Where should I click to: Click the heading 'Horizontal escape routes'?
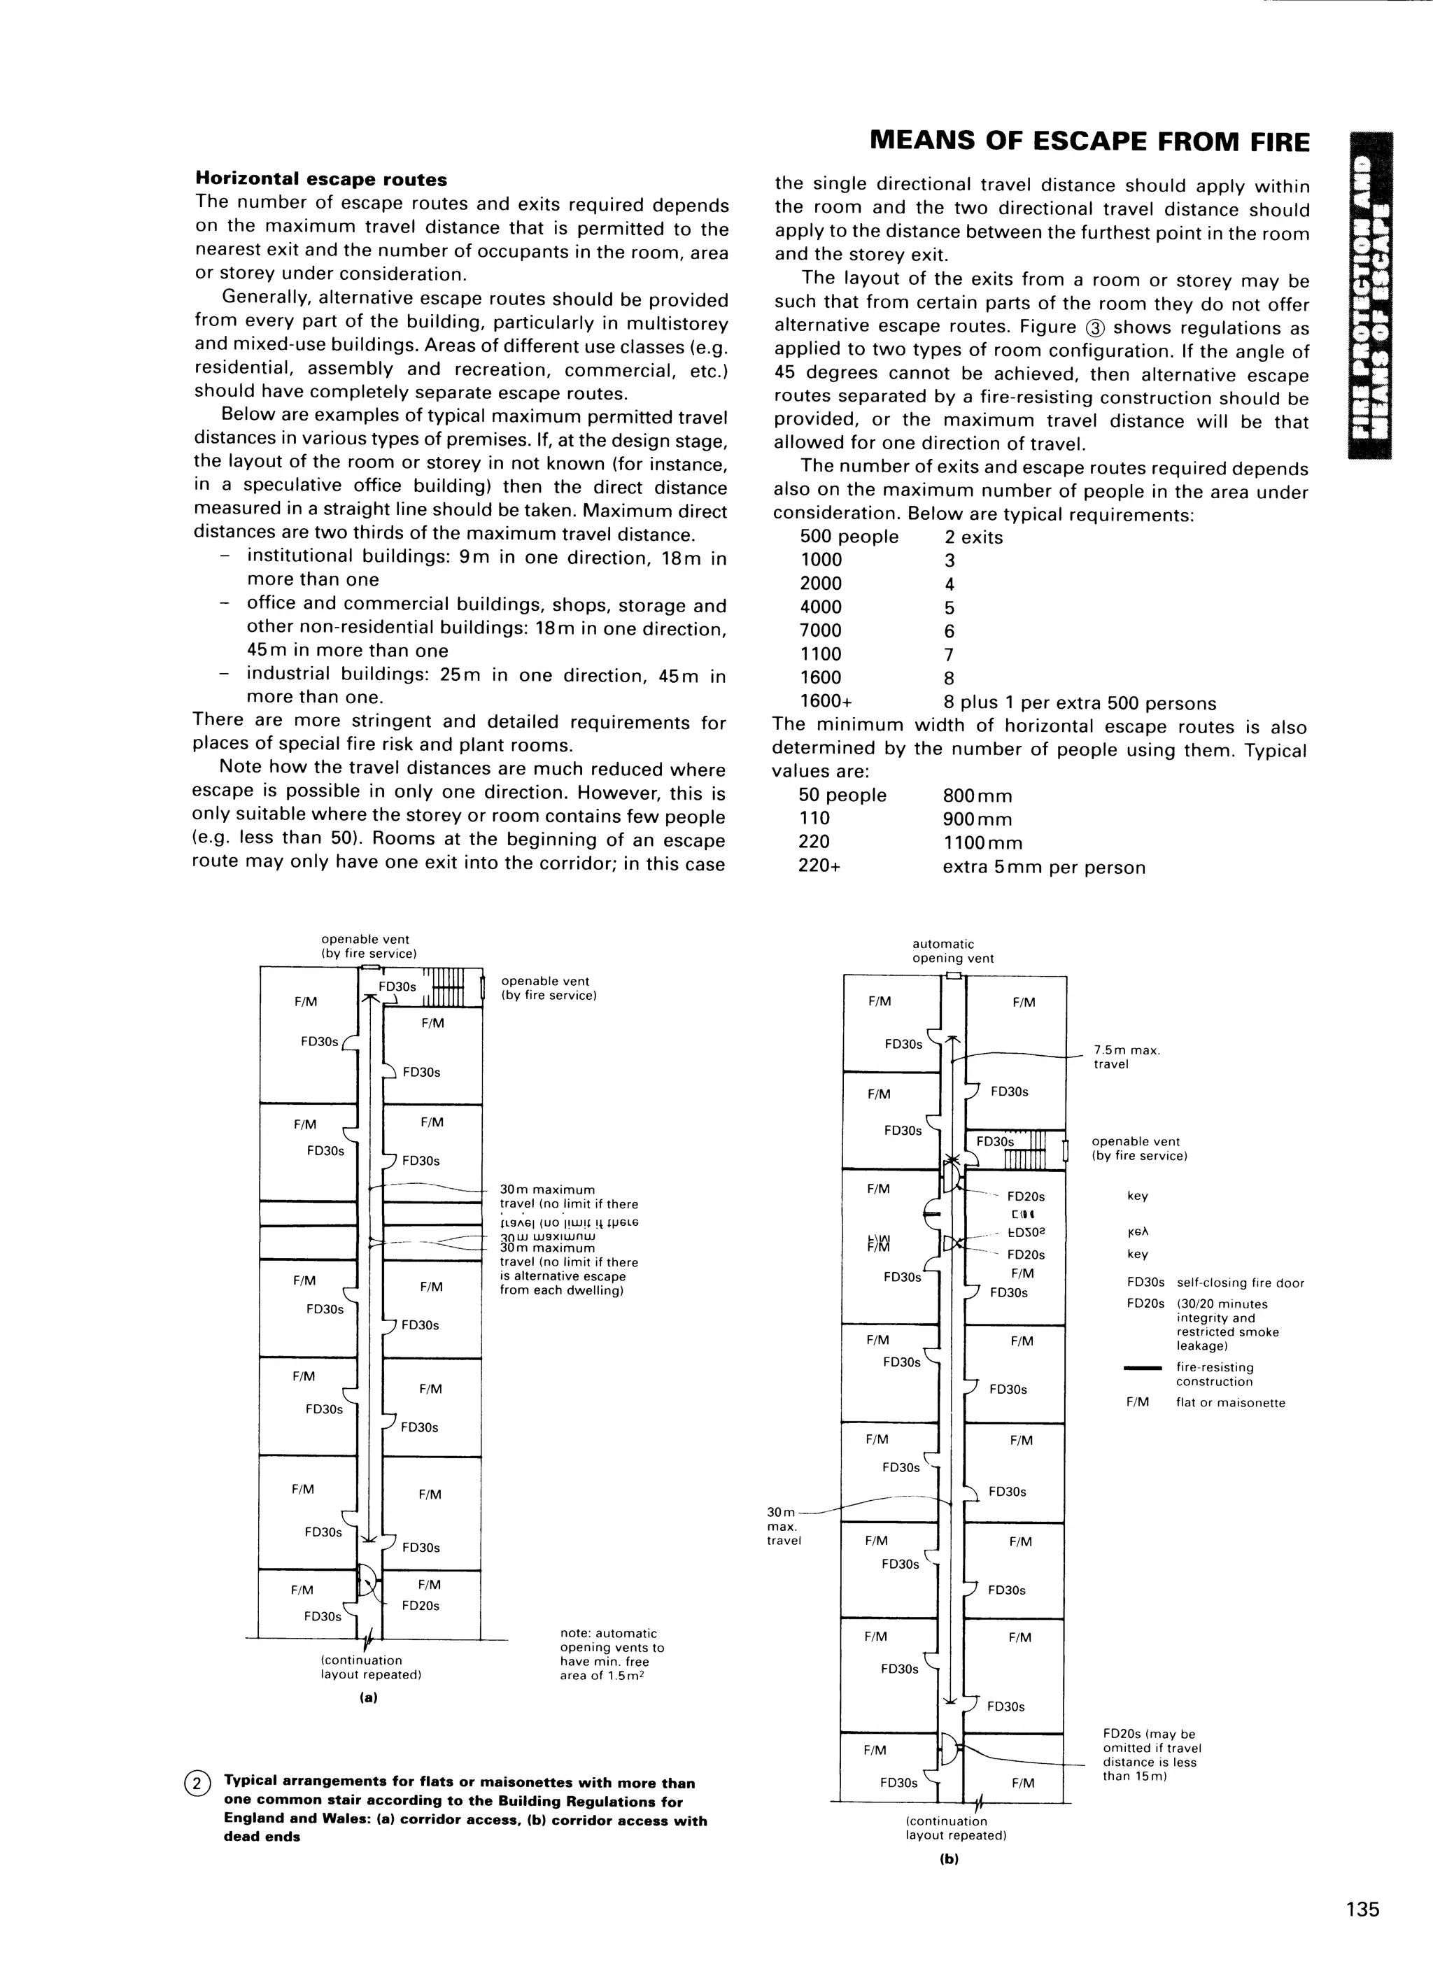point(320,179)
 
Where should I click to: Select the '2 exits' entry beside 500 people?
point(973,537)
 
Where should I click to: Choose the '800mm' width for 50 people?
point(977,796)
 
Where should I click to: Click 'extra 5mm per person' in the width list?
point(1043,868)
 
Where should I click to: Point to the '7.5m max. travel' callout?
point(1127,1057)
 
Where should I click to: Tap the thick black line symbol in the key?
point(1143,1368)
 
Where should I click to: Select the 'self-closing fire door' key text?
point(1241,1283)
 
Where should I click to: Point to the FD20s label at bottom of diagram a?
point(421,1605)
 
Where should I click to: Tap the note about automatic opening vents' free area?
point(612,1654)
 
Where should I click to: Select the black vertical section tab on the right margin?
point(1371,295)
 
